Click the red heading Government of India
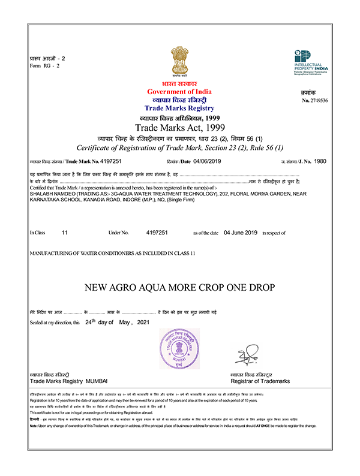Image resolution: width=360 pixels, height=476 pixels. (179, 91)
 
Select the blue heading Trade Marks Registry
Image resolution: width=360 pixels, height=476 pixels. (179, 108)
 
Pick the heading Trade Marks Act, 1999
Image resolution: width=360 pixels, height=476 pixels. (179, 127)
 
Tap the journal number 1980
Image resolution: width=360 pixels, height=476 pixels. (320, 161)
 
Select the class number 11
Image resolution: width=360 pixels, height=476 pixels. (65, 232)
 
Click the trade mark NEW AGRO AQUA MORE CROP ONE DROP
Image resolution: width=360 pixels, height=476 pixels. (179, 287)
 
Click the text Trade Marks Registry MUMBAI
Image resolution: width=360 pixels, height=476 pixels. (67, 381)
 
